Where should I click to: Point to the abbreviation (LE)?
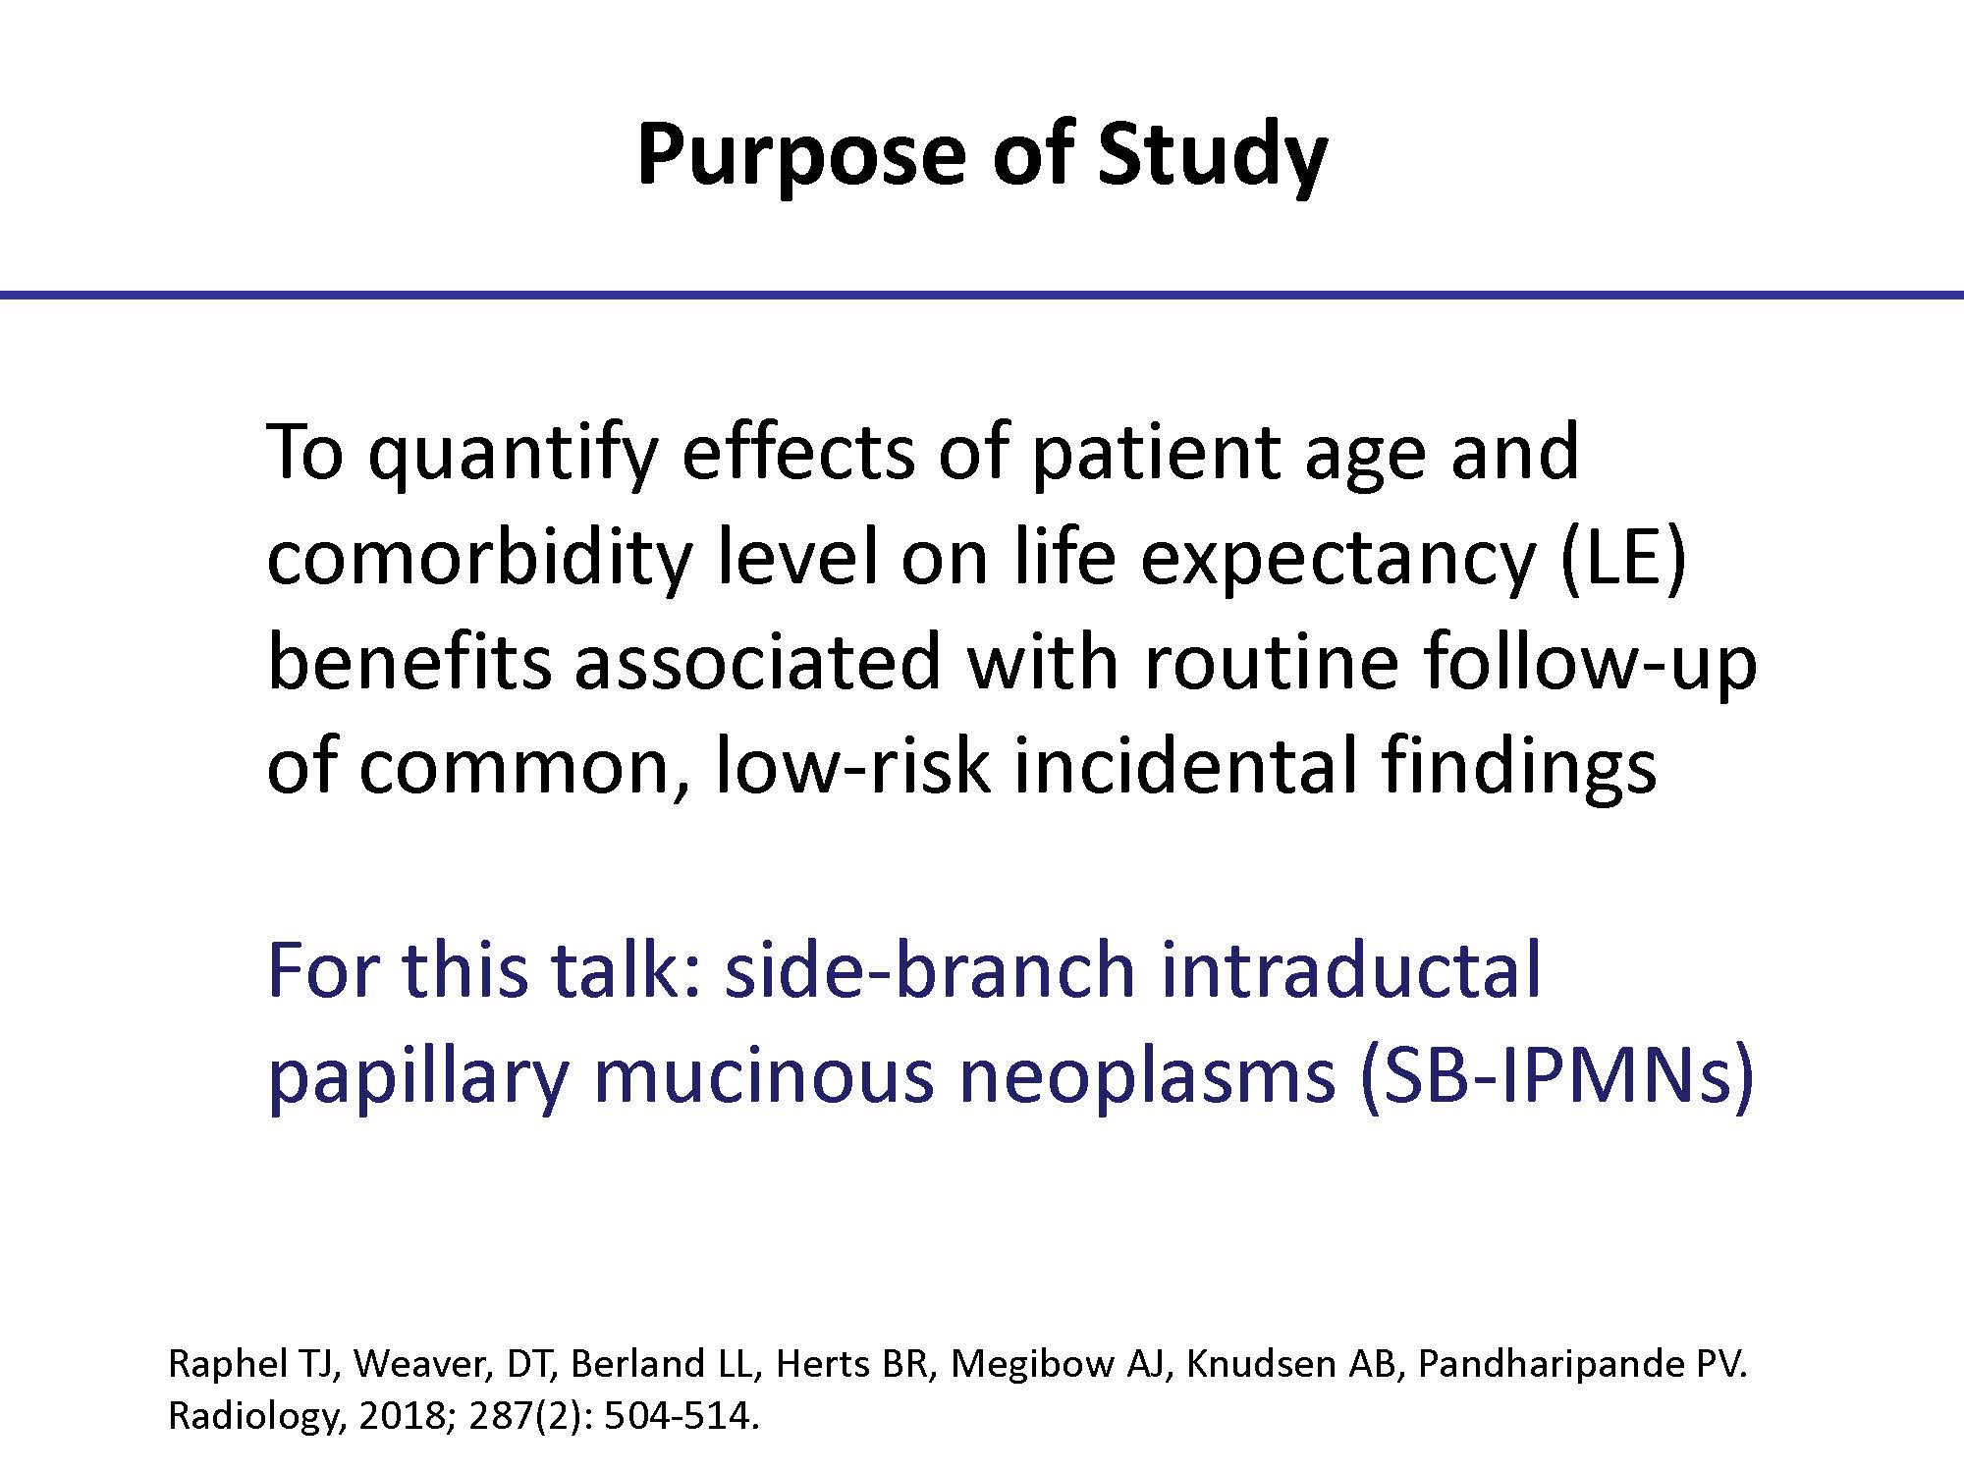point(1623,557)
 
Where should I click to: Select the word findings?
point(1519,766)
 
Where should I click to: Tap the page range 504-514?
point(681,1417)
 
